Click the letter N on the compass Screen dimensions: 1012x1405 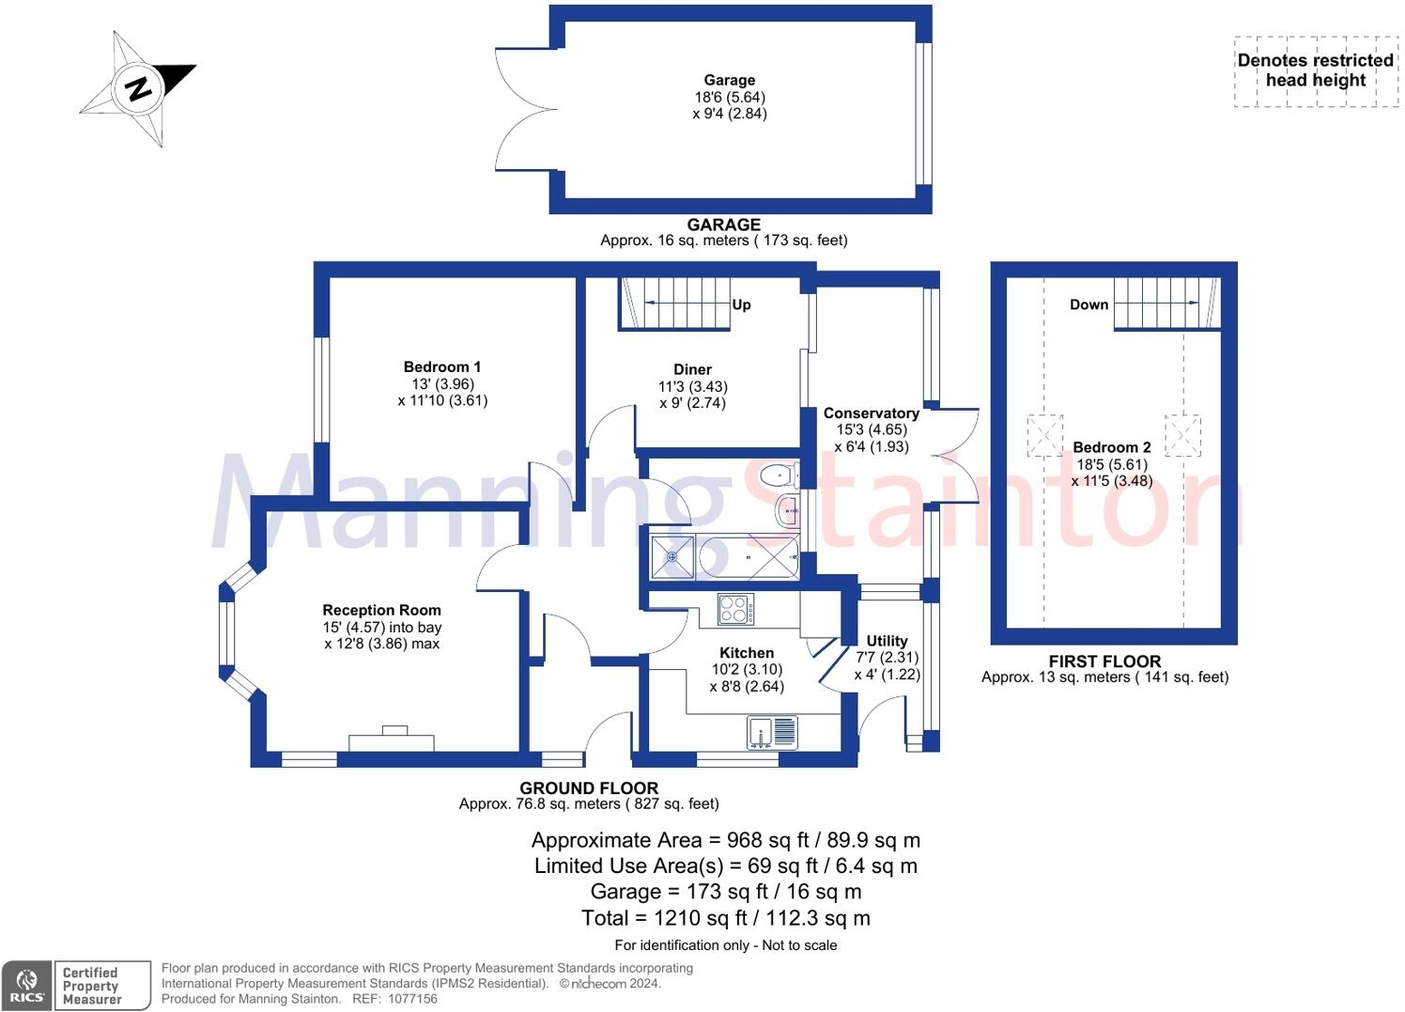139,88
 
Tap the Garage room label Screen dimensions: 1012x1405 730,81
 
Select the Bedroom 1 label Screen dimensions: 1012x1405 442,367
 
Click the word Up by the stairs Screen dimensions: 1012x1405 741,304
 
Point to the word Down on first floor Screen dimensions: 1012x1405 1088,304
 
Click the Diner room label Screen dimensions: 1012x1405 692,369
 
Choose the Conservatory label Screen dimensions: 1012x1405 871,413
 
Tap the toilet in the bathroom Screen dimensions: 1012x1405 779,475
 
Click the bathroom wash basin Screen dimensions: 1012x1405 787,512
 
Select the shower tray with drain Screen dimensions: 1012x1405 672,557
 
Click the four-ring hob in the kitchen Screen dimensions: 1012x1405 733,609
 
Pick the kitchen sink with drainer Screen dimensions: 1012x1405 772,732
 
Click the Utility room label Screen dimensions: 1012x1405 887,641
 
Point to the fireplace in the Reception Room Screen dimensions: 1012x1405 392,740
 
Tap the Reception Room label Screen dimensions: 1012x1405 381,611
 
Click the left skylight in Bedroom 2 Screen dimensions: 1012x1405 1044,436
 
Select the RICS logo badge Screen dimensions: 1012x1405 27,986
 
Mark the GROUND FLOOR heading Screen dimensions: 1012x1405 589,788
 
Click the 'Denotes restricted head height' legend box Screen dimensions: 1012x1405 1315,71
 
